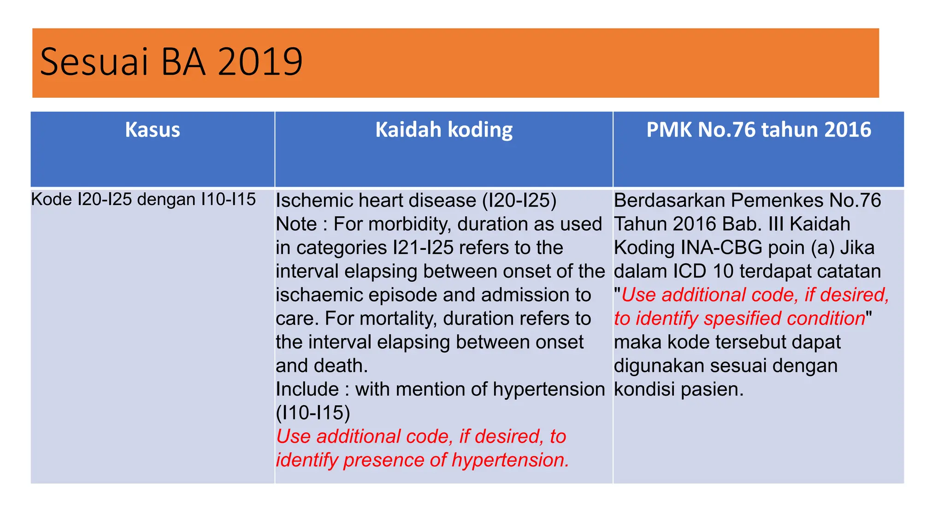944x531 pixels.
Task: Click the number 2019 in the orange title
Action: [260, 62]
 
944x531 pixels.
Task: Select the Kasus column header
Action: [153, 130]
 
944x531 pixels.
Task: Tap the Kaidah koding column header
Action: [443, 130]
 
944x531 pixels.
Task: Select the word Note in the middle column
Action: [296, 224]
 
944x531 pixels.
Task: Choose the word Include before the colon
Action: [307, 389]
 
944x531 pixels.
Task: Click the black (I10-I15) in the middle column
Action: [313, 413]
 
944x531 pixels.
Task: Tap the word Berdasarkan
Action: [669, 201]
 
